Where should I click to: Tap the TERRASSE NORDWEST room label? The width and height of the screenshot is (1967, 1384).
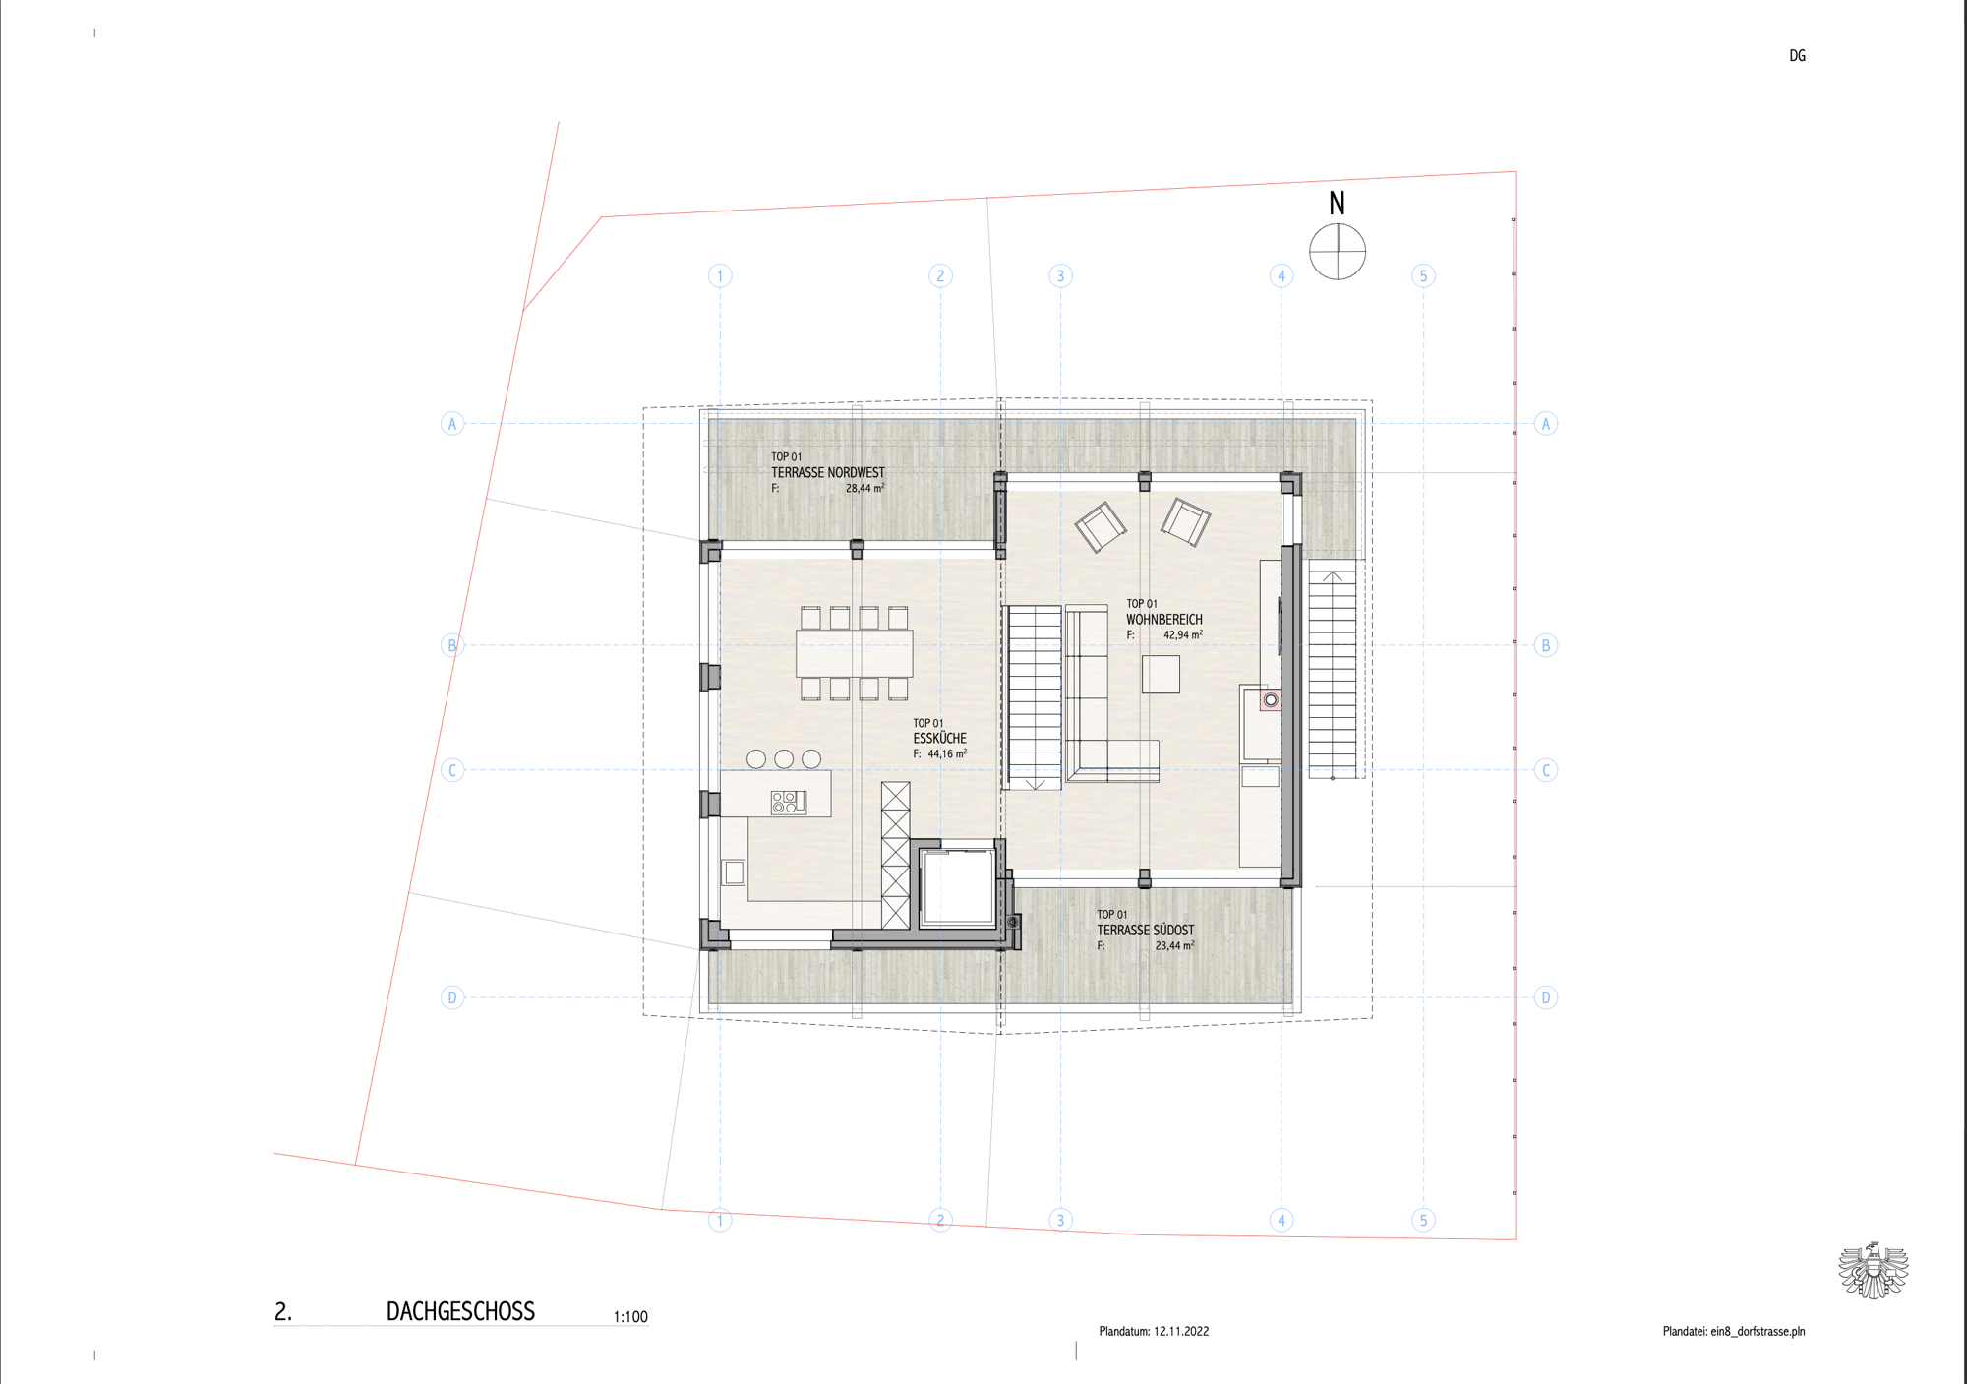(x=827, y=473)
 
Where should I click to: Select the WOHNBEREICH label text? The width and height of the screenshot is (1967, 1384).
(x=1163, y=620)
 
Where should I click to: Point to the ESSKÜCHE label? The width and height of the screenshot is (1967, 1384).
(x=939, y=738)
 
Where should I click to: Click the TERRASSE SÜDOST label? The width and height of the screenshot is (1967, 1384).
(x=1145, y=931)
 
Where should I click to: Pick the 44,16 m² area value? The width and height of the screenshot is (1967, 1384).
(x=947, y=754)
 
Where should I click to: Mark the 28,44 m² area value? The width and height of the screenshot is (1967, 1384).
(x=864, y=488)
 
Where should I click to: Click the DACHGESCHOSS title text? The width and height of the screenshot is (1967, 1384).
(x=460, y=1311)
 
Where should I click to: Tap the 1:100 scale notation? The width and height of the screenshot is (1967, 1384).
(x=630, y=1317)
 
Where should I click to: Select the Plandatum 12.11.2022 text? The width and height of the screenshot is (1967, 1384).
(x=1154, y=1331)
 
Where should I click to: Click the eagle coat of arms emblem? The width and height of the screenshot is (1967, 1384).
(x=1874, y=1270)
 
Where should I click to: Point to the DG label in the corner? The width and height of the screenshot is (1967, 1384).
(x=1797, y=56)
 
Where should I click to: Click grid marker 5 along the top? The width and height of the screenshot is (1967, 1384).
(x=1423, y=275)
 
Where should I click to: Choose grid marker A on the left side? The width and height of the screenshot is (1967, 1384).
(x=452, y=424)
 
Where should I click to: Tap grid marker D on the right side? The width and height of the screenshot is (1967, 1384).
(x=1546, y=997)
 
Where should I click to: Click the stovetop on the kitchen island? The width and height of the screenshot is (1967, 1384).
(x=789, y=802)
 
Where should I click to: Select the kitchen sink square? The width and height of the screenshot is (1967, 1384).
(x=734, y=873)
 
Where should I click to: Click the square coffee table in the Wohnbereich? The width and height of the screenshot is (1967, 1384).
(x=1161, y=675)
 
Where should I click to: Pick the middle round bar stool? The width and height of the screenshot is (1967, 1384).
(x=784, y=758)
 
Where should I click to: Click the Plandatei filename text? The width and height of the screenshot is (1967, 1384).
(x=1734, y=1331)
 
